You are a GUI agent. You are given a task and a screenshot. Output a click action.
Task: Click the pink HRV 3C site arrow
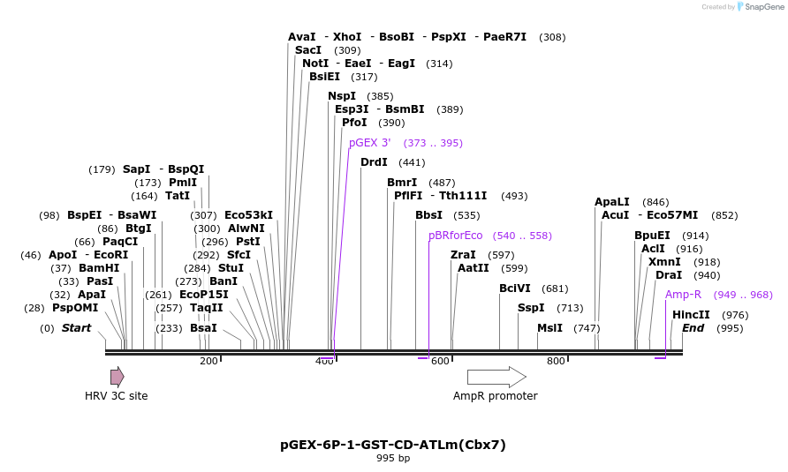117,377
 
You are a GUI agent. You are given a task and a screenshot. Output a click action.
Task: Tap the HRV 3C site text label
117,396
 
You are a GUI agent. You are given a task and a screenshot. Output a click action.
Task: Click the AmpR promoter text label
495,396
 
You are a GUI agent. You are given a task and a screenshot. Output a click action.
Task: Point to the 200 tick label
208,361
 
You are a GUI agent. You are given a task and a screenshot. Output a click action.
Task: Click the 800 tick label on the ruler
556,361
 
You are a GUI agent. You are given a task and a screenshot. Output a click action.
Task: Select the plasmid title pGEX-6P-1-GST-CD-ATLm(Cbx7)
393,445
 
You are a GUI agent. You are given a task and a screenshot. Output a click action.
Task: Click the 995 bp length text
393,458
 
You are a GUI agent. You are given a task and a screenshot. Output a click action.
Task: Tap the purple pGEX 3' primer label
369,143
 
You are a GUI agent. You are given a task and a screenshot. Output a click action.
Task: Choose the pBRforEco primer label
456,236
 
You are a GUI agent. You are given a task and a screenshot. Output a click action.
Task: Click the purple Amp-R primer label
683,295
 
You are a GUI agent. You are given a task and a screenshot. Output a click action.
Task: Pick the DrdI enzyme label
374,162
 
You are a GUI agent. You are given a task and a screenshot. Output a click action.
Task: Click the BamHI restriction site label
99,268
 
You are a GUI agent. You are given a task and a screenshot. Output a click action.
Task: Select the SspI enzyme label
531,308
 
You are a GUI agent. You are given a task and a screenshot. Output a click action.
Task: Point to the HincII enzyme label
691,315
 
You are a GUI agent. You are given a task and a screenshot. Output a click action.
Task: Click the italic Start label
76,328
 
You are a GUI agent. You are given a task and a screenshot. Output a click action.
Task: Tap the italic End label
693,328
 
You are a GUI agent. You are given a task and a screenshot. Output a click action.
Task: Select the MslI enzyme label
549,328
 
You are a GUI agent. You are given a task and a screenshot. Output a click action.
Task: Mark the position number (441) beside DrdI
412,162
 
